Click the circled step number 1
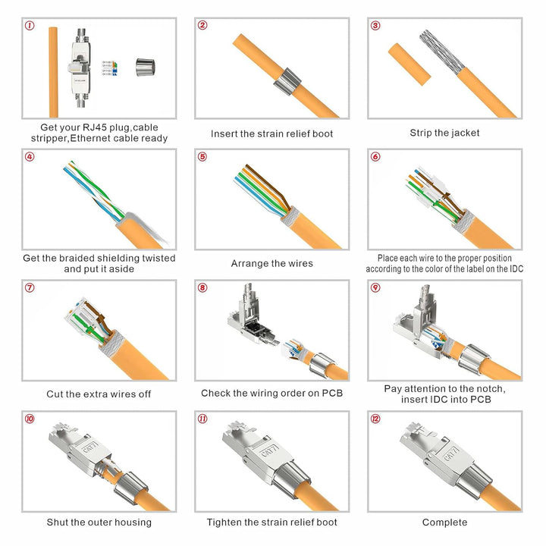coord(30,26)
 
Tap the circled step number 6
coord(375,157)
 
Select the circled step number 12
coord(375,419)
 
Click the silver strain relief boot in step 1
coord(145,67)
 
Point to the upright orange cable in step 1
coord(53,72)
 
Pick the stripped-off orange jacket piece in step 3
coord(409,64)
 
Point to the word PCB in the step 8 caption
coord(332,393)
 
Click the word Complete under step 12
coord(444,522)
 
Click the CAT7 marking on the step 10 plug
coord(91,447)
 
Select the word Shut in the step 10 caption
coord(57,522)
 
